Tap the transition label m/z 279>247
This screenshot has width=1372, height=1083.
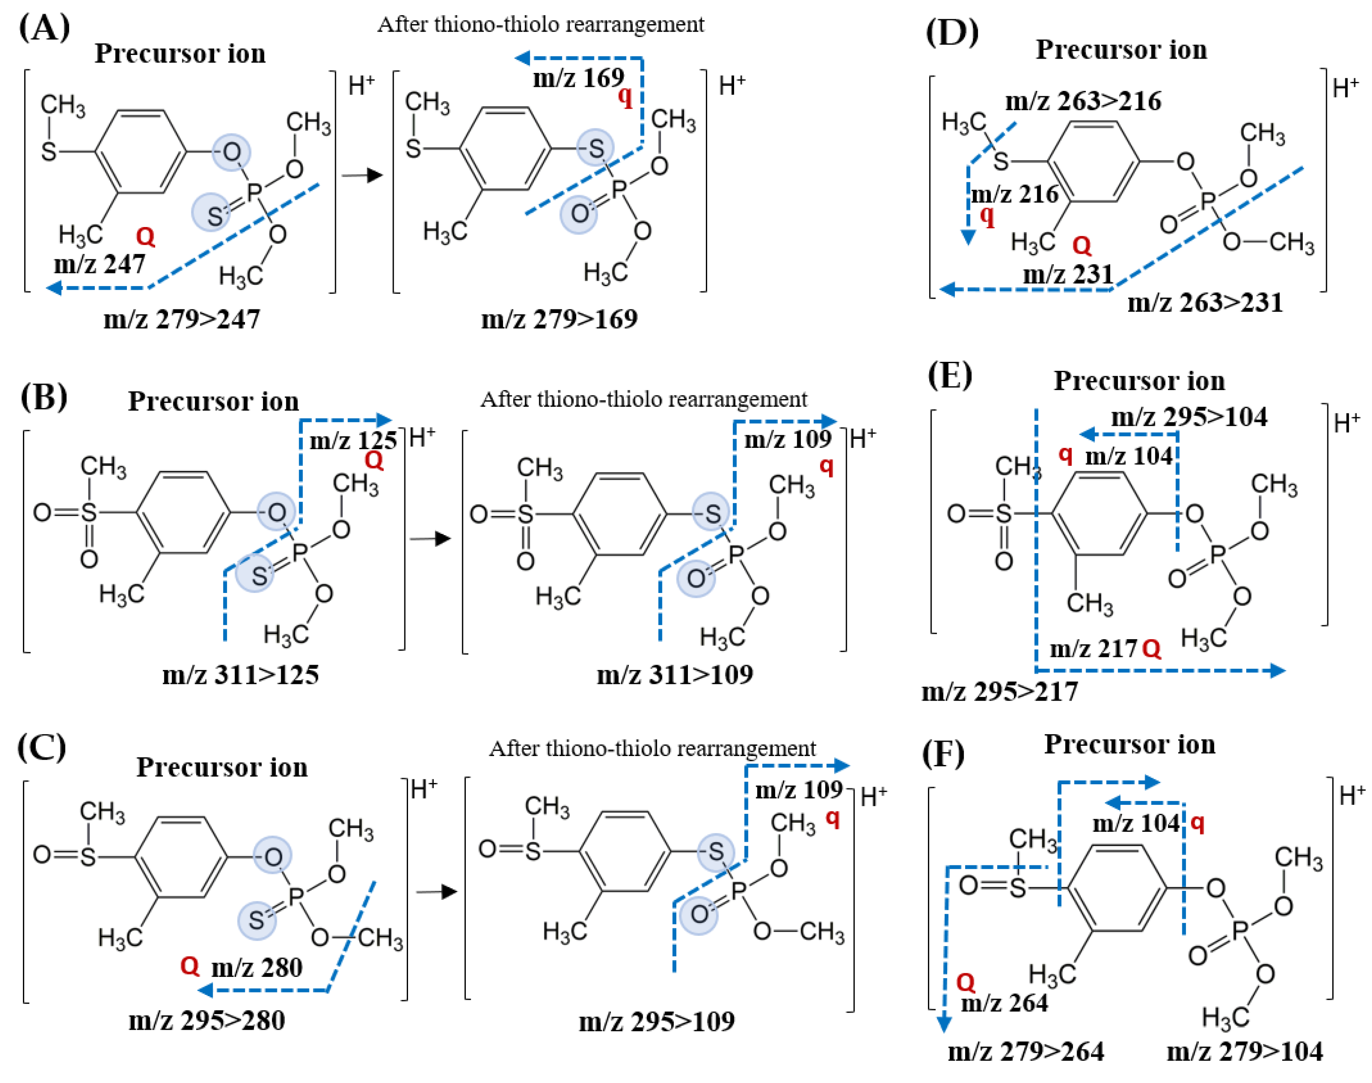(x=181, y=319)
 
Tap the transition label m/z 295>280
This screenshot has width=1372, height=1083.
(x=207, y=1020)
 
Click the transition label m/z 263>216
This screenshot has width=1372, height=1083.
(x=1083, y=102)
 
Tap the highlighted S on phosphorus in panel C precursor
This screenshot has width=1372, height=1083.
(x=257, y=920)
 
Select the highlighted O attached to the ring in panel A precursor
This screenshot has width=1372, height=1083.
(x=231, y=152)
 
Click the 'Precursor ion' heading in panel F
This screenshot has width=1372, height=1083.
(x=1129, y=744)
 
